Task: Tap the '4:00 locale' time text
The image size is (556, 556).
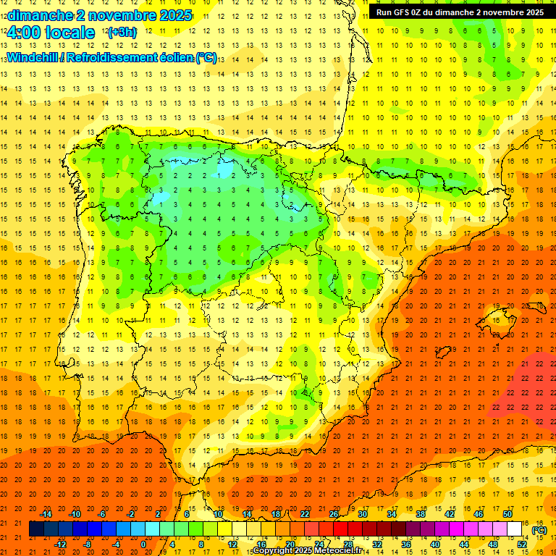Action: [x=51, y=33]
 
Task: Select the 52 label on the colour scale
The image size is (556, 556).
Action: [x=522, y=544]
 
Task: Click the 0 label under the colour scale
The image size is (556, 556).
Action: [x=143, y=544]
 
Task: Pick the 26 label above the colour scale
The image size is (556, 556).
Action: [x=334, y=514]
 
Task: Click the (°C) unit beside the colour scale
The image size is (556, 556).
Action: [x=539, y=530]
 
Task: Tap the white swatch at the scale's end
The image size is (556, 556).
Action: [x=514, y=529]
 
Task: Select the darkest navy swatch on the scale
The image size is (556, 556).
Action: [x=36, y=529]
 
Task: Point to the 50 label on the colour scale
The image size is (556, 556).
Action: [x=507, y=514]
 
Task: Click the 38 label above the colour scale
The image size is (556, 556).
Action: [x=421, y=514]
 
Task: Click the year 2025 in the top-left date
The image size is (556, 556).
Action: [x=175, y=15]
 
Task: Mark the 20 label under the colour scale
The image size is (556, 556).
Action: [x=290, y=544]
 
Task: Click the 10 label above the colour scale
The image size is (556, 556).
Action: [x=218, y=514]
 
